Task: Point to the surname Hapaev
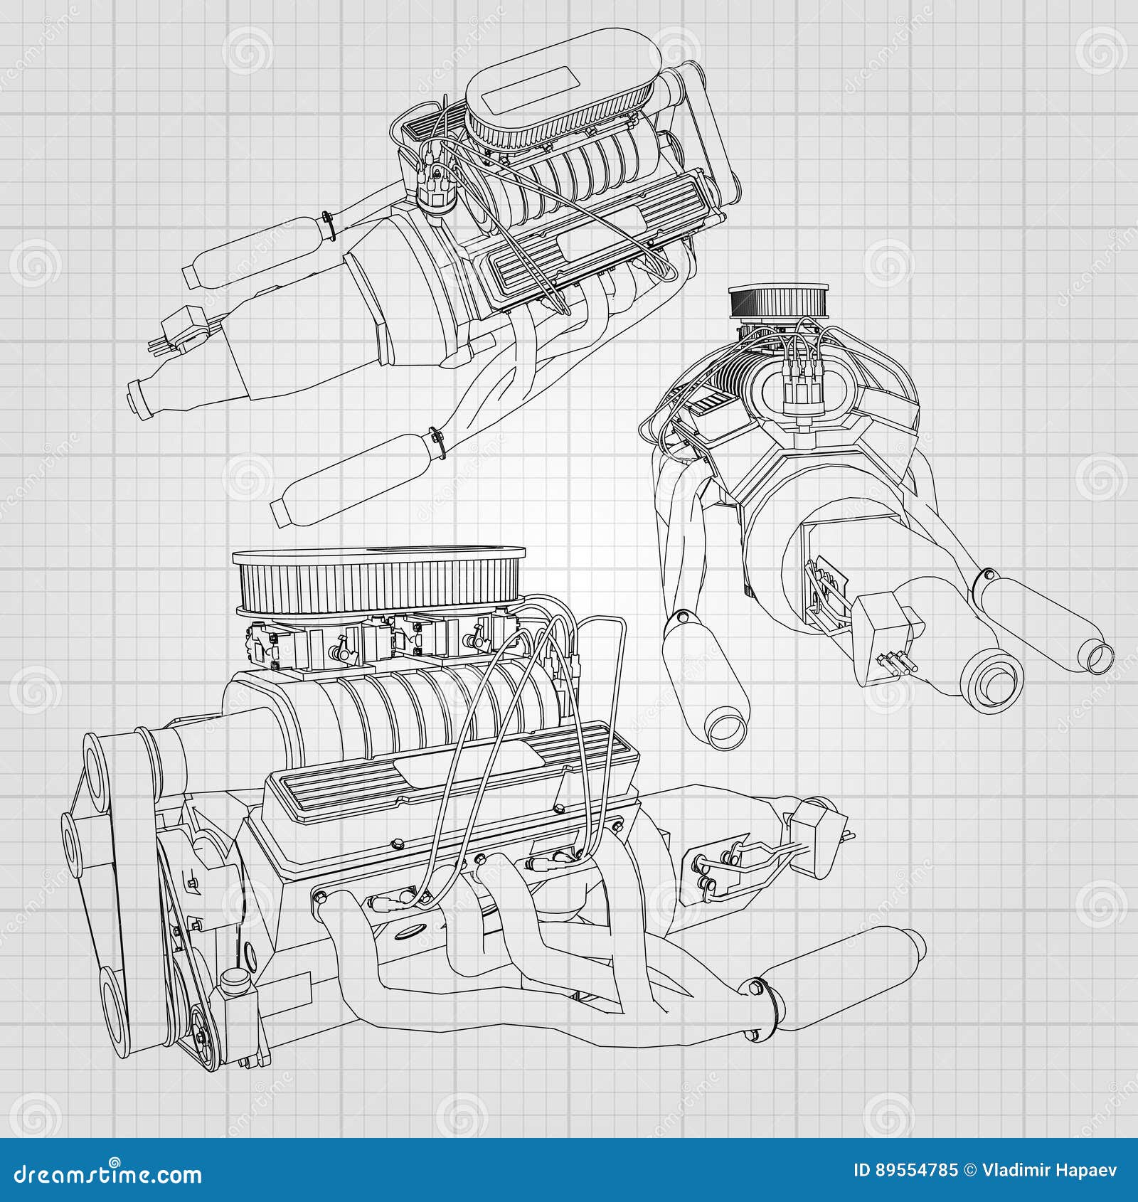point(1091,1171)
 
